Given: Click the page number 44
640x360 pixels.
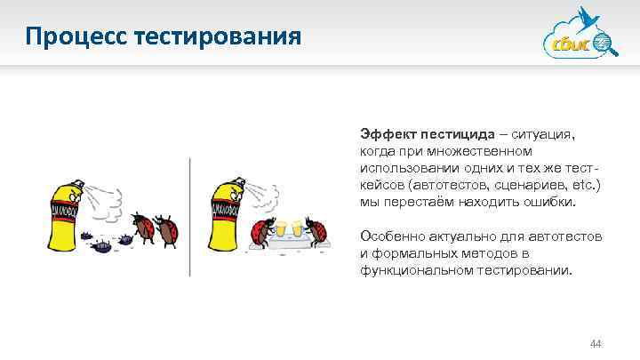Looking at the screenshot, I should pos(596,343).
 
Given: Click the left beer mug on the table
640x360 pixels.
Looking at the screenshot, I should pos(283,229).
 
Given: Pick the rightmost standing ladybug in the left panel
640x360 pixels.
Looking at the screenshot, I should pos(165,229).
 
